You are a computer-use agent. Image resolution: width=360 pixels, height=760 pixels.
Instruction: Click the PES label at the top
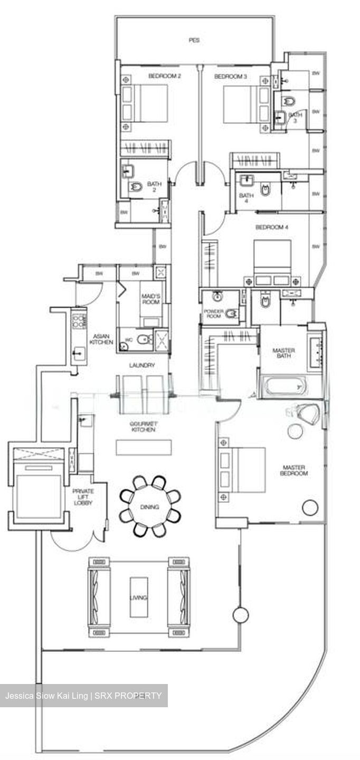pos(194,40)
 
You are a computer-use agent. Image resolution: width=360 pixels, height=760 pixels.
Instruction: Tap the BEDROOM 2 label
pos(165,77)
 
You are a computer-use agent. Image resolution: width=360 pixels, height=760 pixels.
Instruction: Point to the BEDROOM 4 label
pos(272,227)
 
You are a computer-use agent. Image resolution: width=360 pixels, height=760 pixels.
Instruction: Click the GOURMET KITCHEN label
pos(143,426)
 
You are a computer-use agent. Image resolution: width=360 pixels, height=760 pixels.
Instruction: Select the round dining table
pos(150,506)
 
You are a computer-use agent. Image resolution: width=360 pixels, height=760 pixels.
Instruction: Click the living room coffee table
pos(139,596)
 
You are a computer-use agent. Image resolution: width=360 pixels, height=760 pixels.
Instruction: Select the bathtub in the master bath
pos(285,386)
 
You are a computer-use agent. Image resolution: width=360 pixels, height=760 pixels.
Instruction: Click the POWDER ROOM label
pos(214,314)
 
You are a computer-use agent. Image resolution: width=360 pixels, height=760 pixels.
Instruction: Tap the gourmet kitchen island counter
pos(144,447)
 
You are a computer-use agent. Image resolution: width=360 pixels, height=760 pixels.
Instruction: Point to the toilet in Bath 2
pos(136,186)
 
